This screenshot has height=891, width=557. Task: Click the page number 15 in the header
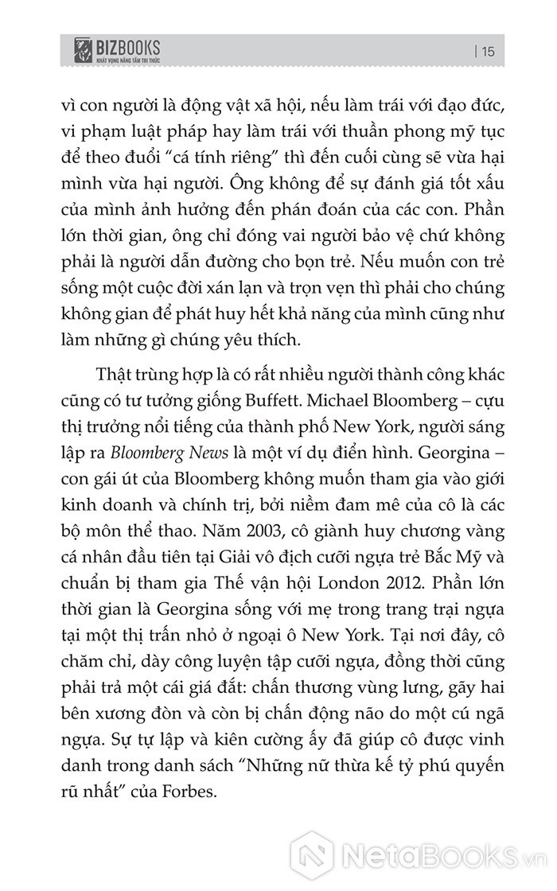point(489,52)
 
